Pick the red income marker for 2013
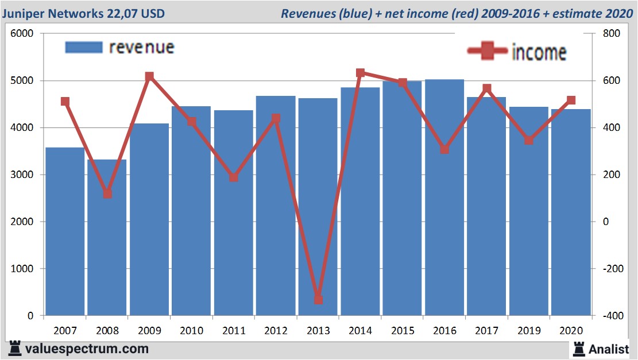click(318, 300)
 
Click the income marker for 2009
click(149, 76)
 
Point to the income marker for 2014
click(360, 73)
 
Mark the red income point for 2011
click(234, 177)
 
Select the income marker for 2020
click(571, 100)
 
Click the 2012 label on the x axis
click(276, 331)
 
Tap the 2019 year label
click(529, 331)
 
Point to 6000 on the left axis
click(22, 34)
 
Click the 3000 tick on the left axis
click(22, 175)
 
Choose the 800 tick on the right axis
click(611, 34)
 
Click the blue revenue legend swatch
click(84, 47)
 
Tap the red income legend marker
click(488, 52)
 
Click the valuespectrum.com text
click(87, 349)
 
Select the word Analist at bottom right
click(609, 349)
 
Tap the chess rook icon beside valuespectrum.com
click(14, 349)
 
